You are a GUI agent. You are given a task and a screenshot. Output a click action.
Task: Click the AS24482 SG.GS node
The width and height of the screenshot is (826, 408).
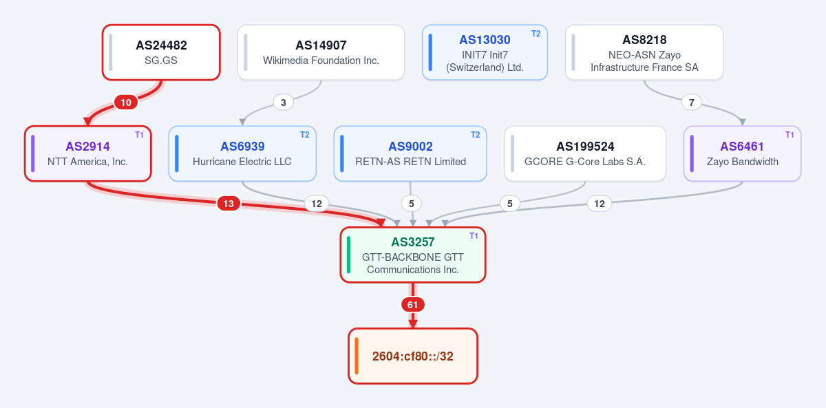[161, 52]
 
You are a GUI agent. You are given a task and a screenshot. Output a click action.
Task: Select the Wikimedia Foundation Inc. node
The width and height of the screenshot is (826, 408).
[321, 52]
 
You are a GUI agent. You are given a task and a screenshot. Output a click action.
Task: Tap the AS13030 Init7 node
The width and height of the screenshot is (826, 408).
[485, 52]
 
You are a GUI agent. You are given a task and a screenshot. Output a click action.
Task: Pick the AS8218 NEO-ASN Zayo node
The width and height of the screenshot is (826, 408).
[644, 52]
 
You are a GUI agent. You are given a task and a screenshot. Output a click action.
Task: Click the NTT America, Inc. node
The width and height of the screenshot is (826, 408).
[88, 153]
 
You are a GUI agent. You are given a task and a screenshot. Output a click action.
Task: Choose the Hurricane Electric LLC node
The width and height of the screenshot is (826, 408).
[242, 153]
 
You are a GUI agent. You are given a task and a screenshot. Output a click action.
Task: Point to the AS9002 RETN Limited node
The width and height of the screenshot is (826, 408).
[410, 153]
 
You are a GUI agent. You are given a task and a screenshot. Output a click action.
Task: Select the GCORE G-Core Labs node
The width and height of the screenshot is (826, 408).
[585, 153]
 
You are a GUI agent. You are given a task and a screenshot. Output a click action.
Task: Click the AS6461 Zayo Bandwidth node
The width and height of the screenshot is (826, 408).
[742, 153]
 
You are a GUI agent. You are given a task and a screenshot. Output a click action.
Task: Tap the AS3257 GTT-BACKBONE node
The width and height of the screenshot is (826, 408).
[412, 255]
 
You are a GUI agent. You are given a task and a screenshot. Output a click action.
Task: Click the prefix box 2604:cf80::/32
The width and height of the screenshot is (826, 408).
[412, 356]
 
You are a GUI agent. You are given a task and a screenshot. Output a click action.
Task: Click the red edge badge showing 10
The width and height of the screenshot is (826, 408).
[126, 103]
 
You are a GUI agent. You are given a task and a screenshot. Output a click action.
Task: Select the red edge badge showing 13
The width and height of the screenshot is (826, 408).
[229, 204]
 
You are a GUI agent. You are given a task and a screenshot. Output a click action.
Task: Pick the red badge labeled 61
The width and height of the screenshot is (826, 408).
[412, 305]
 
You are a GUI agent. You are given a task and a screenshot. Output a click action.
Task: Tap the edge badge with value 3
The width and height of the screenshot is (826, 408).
[283, 103]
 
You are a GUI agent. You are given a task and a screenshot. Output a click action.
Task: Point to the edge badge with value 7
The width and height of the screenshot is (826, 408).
[691, 103]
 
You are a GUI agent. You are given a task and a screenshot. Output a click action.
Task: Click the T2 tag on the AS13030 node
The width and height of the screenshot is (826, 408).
[536, 34]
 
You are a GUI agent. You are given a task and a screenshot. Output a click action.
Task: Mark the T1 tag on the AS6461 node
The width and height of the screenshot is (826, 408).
[790, 135]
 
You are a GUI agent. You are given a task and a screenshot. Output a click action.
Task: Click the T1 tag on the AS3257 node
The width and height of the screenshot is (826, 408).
[474, 236]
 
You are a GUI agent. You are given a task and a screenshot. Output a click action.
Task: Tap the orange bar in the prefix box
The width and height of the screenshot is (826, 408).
[357, 356]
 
